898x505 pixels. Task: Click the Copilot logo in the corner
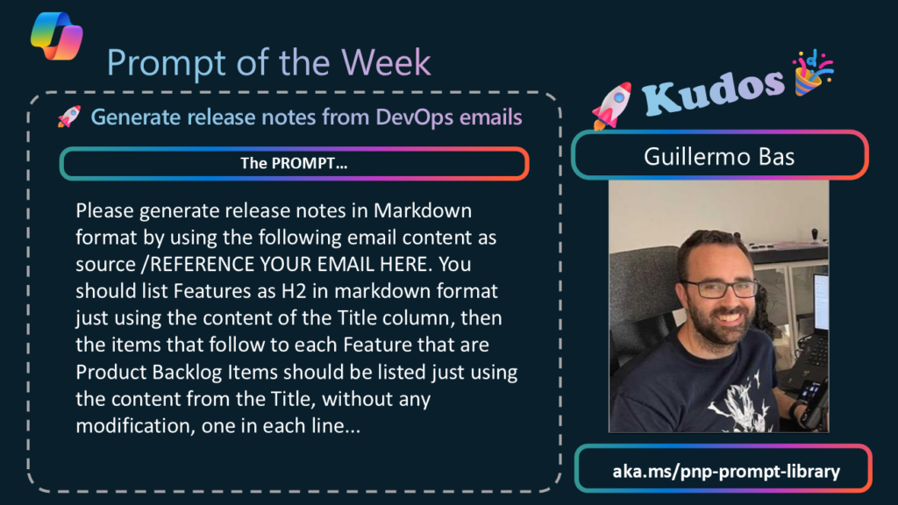coord(57,36)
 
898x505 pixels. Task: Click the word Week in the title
coord(386,62)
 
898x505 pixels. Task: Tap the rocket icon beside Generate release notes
coord(69,117)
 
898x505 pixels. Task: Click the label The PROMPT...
coord(294,164)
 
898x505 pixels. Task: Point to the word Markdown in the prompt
coord(423,210)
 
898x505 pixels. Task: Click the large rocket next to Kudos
coord(612,105)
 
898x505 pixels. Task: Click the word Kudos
coord(712,90)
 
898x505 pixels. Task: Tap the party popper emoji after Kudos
coord(813,72)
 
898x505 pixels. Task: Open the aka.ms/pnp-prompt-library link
coord(725,471)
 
